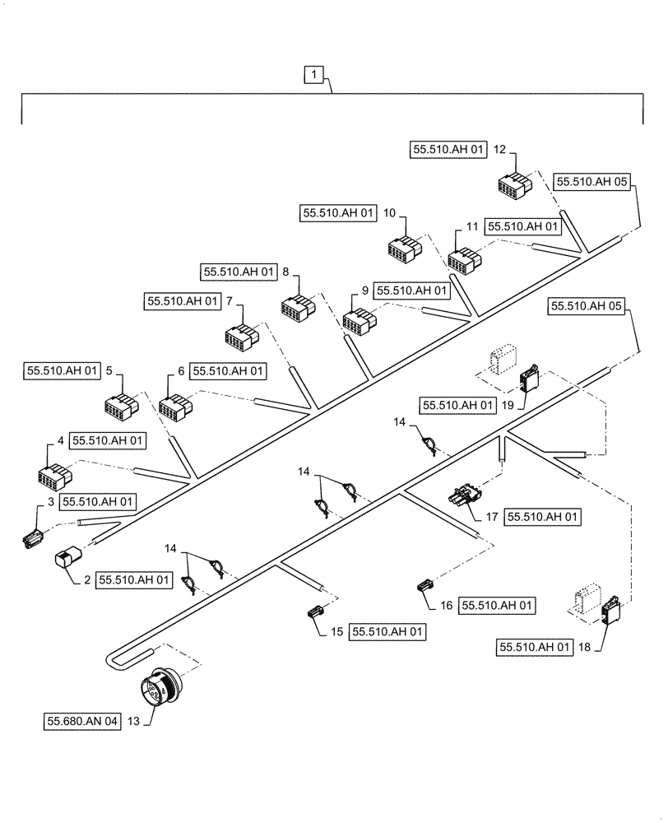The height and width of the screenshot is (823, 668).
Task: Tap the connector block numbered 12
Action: point(513,184)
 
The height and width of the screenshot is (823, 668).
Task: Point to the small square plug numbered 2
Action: point(65,560)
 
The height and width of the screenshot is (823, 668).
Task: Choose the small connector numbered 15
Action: point(315,612)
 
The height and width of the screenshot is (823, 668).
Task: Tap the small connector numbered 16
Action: point(424,587)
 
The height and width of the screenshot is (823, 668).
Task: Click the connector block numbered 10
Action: point(405,249)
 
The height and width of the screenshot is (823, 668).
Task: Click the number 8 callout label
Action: point(285,271)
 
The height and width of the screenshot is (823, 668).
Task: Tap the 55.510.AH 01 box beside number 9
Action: point(412,291)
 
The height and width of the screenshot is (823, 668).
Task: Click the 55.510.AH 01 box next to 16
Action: point(497,605)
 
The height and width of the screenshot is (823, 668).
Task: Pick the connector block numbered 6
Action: point(174,407)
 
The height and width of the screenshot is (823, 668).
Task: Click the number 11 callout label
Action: point(471,226)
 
